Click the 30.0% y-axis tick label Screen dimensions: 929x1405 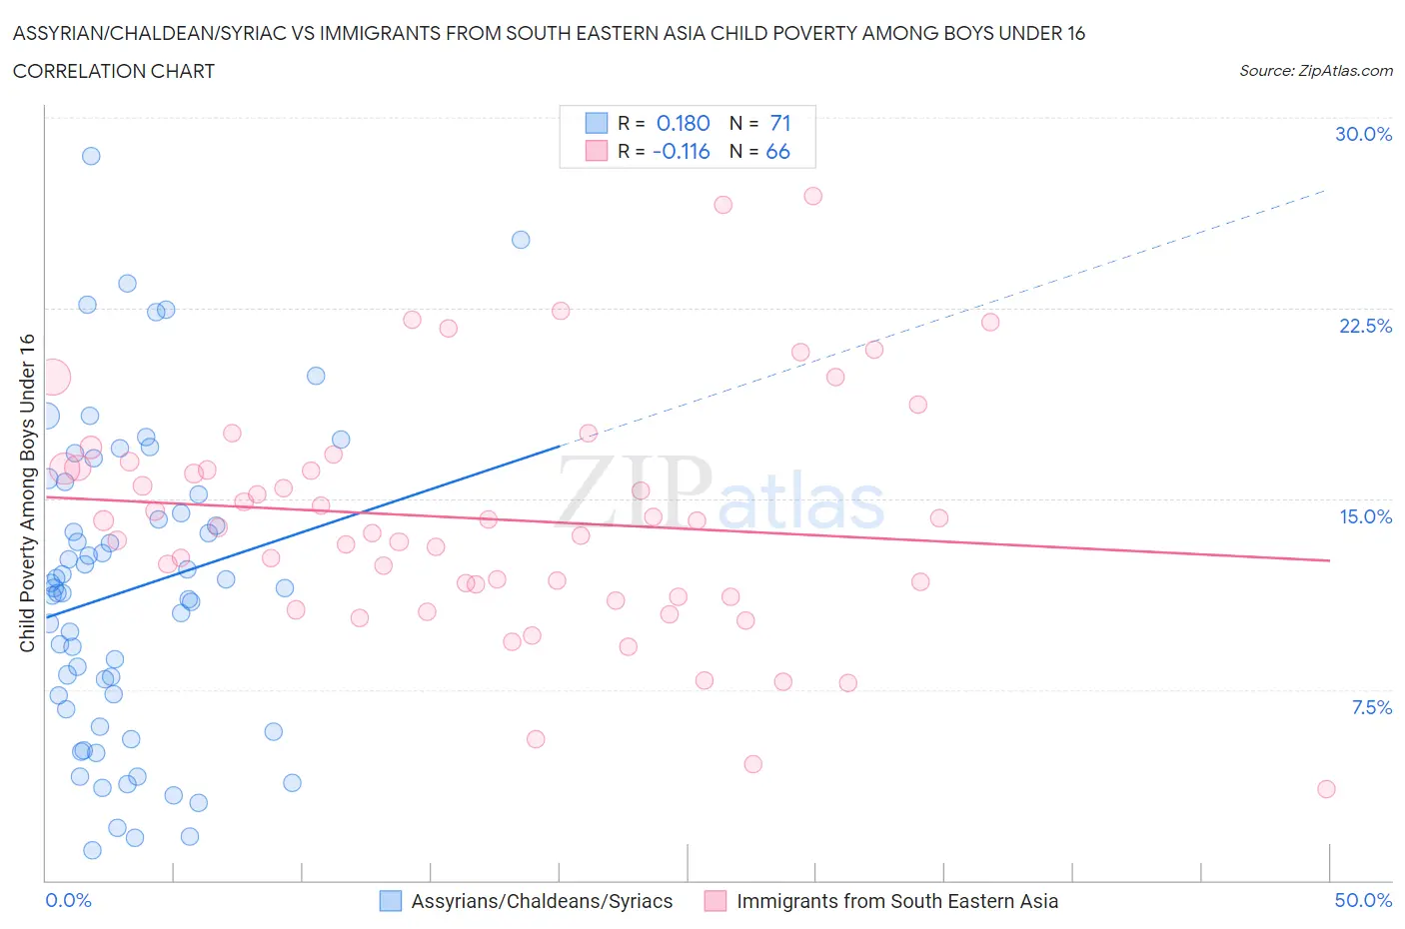tap(1363, 134)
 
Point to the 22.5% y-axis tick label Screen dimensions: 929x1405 tap(1365, 326)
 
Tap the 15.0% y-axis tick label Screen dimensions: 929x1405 tap(1365, 516)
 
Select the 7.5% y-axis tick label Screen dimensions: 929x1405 tap(1371, 707)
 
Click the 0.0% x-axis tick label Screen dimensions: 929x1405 tap(68, 900)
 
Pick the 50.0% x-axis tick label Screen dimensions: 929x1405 tap(1363, 900)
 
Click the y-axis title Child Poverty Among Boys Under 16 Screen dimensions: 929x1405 tap(28, 492)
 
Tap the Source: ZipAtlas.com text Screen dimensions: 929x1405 tap(1315, 71)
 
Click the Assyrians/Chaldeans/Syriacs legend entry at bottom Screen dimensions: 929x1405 tap(527, 901)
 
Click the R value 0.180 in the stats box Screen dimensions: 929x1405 tap(683, 123)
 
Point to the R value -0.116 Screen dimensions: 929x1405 tap(681, 151)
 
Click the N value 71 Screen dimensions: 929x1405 tap(780, 123)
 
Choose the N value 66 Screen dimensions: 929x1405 tap(777, 151)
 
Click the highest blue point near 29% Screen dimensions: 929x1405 tap(91, 156)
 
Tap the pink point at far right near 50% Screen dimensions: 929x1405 tap(1326, 789)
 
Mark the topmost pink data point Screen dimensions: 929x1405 tap(812, 196)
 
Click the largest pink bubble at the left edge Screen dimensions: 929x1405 tap(52, 378)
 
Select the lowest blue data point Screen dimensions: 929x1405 tap(92, 850)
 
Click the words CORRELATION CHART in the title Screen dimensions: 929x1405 tap(114, 71)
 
